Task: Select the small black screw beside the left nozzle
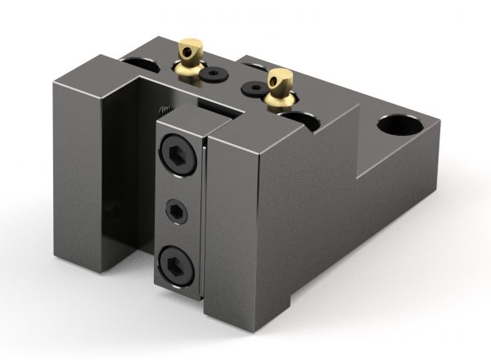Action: tap(215, 74)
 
